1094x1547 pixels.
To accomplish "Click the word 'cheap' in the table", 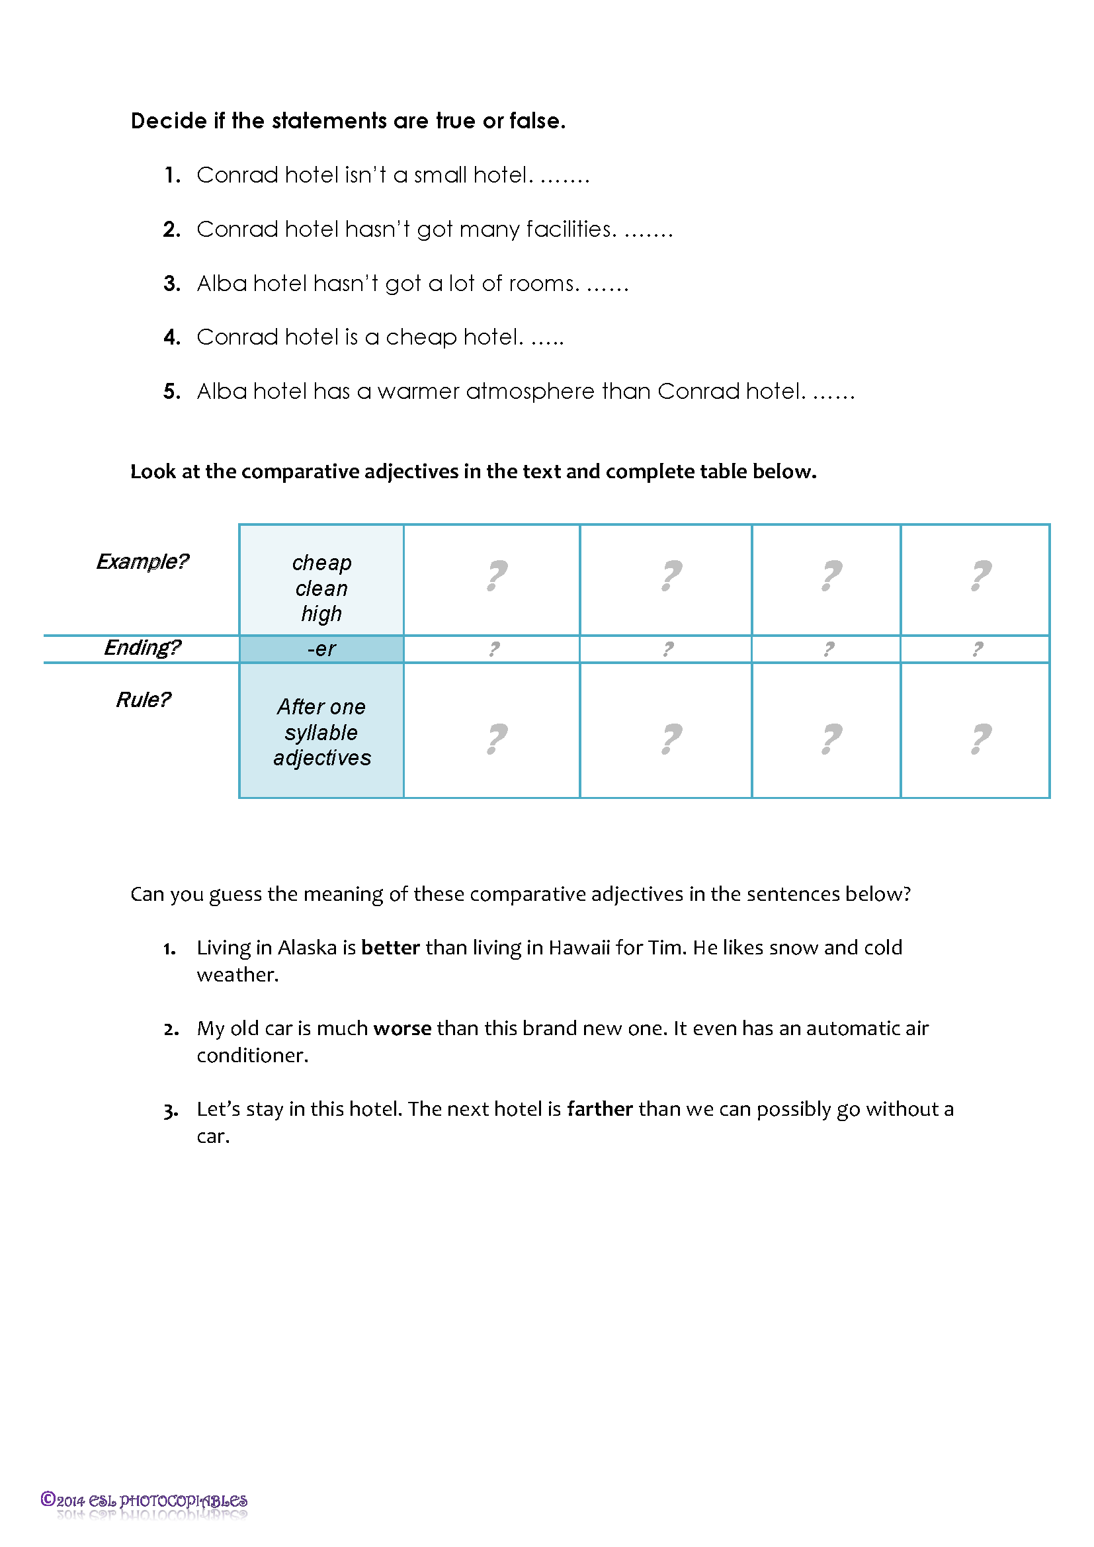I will pos(321,564).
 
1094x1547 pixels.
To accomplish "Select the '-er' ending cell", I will pos(321,649).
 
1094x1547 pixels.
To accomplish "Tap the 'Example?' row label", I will pos(142,562).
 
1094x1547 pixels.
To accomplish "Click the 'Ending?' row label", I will pos(142,648).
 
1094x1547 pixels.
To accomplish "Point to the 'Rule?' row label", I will pos(143,700).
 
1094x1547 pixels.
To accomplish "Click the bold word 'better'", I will pos(390,948).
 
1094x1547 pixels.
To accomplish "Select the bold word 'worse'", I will pos(402,1029).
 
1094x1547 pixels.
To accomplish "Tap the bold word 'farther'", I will pos(599,1110).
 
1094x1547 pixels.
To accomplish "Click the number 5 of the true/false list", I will pos(171,392).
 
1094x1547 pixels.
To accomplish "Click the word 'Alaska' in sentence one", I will pos(306,948).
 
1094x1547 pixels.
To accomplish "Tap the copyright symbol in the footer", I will pos(48,1499).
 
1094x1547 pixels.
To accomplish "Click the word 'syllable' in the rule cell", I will pos(321,733).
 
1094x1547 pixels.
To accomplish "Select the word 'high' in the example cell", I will pos(321,614).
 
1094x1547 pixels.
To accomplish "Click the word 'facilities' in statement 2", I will pos(569,230).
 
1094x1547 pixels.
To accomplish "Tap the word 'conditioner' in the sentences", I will pos(251,1056).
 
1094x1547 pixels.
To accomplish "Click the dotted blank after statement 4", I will pos(547,338).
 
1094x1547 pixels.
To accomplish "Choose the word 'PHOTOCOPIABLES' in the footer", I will pos(183,1501).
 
